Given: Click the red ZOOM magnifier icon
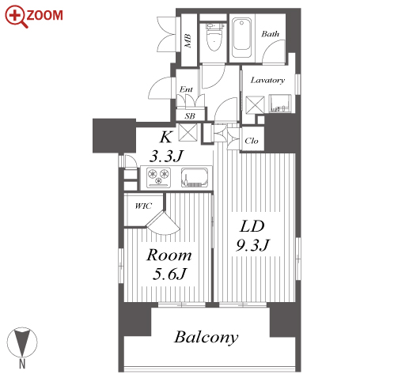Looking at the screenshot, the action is [17, 17].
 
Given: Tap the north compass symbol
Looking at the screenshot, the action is [22, 342].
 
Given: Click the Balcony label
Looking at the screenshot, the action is [206, 337].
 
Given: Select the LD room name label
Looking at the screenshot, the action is [252, 226].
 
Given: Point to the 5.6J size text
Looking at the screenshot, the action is [169, 274].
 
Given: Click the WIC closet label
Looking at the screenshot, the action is [143, 206].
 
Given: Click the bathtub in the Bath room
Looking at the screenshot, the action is [241, 38].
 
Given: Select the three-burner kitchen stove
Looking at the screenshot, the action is [159, 176].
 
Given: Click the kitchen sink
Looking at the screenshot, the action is [195, 177].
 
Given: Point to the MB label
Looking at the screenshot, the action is [188, 41].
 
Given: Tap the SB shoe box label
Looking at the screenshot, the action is [190, 116].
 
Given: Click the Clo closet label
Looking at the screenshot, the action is [252, 141].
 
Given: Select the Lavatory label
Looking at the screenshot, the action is [267, 80].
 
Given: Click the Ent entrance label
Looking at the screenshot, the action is [186, 89].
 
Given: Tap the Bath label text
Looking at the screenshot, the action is [270, 34].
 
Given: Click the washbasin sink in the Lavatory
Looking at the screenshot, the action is [280, 104].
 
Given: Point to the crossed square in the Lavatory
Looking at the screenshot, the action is [255, 105].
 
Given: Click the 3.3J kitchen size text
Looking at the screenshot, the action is [166, 156].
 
